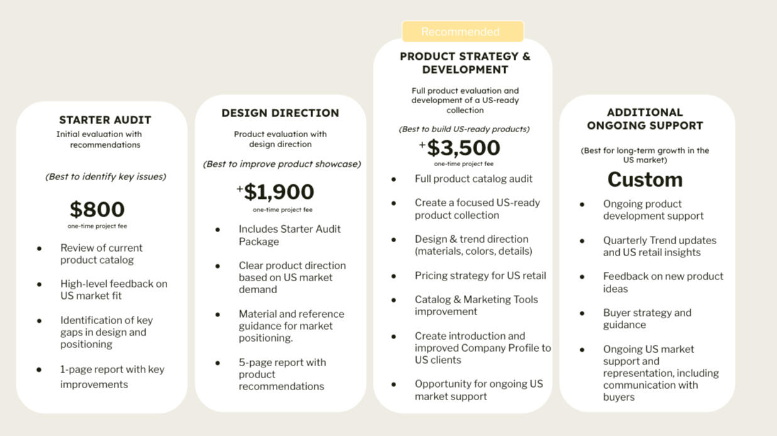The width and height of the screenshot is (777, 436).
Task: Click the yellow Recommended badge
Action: [x=463, y=31]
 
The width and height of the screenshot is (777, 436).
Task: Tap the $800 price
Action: [x=97, y=210]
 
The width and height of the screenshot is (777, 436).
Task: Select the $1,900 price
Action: [x=279, y=192]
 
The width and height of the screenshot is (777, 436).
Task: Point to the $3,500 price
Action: [x=463, y=148]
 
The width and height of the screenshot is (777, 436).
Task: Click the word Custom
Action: [x=645, y=179]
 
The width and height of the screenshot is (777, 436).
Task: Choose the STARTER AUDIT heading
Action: [x=105, y=120]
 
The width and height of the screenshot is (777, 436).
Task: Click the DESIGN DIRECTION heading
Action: [x=280, y=113]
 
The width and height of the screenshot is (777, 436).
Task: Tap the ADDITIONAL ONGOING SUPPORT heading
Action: [x=645, y=119]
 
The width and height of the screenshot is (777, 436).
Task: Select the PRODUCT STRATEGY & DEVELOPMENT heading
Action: [x=465, y=63]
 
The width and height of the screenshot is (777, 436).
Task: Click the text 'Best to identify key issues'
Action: [x=106, y=177]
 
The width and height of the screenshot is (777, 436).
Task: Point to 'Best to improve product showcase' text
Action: [x=282, y=164]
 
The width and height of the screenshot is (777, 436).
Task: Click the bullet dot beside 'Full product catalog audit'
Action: [x=394, y=179]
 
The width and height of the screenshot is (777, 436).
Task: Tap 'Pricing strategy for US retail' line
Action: [x=480, y=276]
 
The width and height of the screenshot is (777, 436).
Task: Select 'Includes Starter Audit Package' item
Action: [x=290, y=235]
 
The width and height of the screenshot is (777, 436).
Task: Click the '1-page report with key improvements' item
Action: [x=112, y=377]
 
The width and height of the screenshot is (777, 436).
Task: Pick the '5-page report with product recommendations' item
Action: [x=282, y=374]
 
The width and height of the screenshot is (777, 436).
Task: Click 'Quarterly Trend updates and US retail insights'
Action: [x=659, y=246]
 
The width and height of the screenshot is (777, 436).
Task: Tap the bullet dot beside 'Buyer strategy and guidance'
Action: [x=582, y=313]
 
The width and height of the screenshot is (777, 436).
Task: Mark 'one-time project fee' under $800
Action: [x=97, y=226]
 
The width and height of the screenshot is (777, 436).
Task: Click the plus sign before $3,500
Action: [x=422, y=145]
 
